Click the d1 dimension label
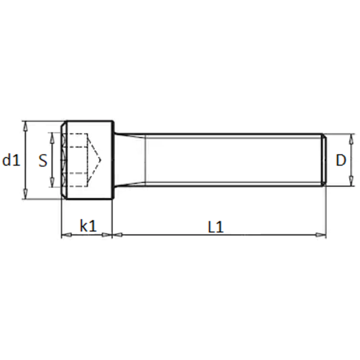point(11,161)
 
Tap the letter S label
point(43,161)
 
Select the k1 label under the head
point(88,226)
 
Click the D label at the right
point(341,161)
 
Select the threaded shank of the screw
point(233,160)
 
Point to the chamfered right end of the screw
point(323,160)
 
